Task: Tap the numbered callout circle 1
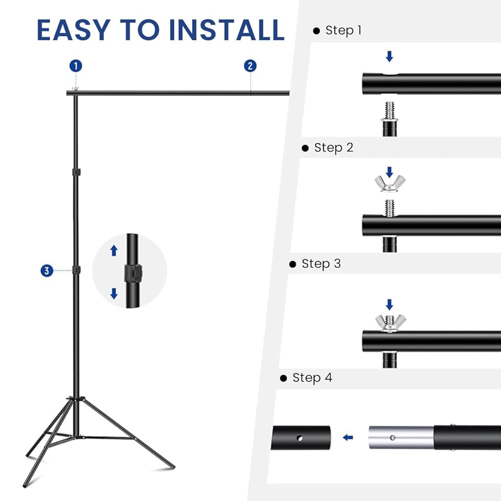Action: tap(75, 66)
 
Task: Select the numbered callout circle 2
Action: tap(250, 66)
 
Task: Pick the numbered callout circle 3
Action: tap(47, 271)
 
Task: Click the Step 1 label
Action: tap(343, 30)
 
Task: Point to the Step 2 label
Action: tap(333, 148)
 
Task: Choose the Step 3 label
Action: tap(321, 264)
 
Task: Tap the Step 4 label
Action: tap(312, 378)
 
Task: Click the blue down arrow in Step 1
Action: tap(389, 57)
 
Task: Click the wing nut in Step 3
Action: tap(390, 322)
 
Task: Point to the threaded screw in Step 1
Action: tap(389, 110)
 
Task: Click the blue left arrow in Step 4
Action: tap(348, 437)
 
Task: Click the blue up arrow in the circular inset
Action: tap(114, 251)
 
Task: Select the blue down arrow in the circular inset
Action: tap(114, 293)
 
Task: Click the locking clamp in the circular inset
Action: tap(132, 272)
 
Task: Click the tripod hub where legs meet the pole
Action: tap(76, 401)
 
